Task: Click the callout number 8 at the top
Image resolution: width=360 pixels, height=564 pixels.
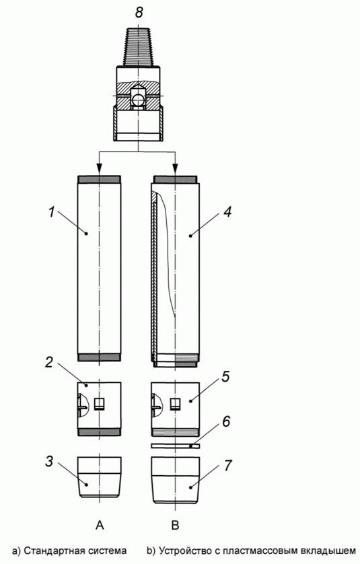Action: (x=139, y=12)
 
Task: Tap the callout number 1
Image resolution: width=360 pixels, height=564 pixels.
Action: (x=52, y=212)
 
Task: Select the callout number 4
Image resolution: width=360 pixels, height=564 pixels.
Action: (x=227, y=212)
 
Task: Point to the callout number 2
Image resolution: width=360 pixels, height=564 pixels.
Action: (x=50, y=362)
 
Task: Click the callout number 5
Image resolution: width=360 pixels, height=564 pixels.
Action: (x=225, y=378)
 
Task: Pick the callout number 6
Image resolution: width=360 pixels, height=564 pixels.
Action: (x=226, y=421)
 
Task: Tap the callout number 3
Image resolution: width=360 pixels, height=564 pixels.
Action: (x=50, y=462)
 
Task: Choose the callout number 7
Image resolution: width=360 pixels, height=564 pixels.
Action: (x=227, y=466)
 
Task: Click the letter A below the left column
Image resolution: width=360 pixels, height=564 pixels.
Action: (x=100, y=526)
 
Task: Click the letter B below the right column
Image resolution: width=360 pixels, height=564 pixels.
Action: (x=175, y=526)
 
